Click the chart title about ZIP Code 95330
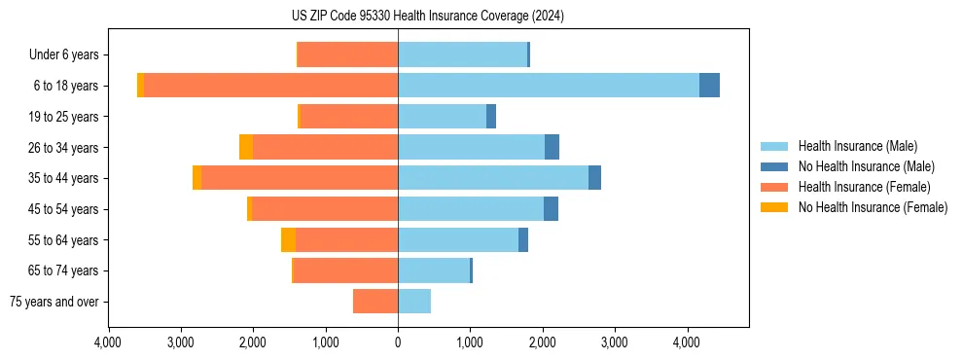click(x=427, y=17)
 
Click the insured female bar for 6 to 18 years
click(x=270, y=86)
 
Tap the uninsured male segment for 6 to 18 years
click(x=709, y=86)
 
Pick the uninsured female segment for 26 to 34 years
click(x=246, y=147)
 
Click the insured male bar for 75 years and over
click(x=414, y=302)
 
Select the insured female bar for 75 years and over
click(x=375, y=302)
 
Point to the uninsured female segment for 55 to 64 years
click(x=288, y=240)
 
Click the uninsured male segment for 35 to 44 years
click(x=594, y=178)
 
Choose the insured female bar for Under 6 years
click(x=347, y=54)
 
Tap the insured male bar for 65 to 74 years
click(x=434, y=270)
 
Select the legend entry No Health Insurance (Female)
click(x=873, y=207)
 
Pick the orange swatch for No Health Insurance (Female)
click(x=774, y=207)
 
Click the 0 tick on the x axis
click(x=398, y=342)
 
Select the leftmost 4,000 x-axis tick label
click(x=108, y=342)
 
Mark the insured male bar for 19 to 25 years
click(x=442, y=117)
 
